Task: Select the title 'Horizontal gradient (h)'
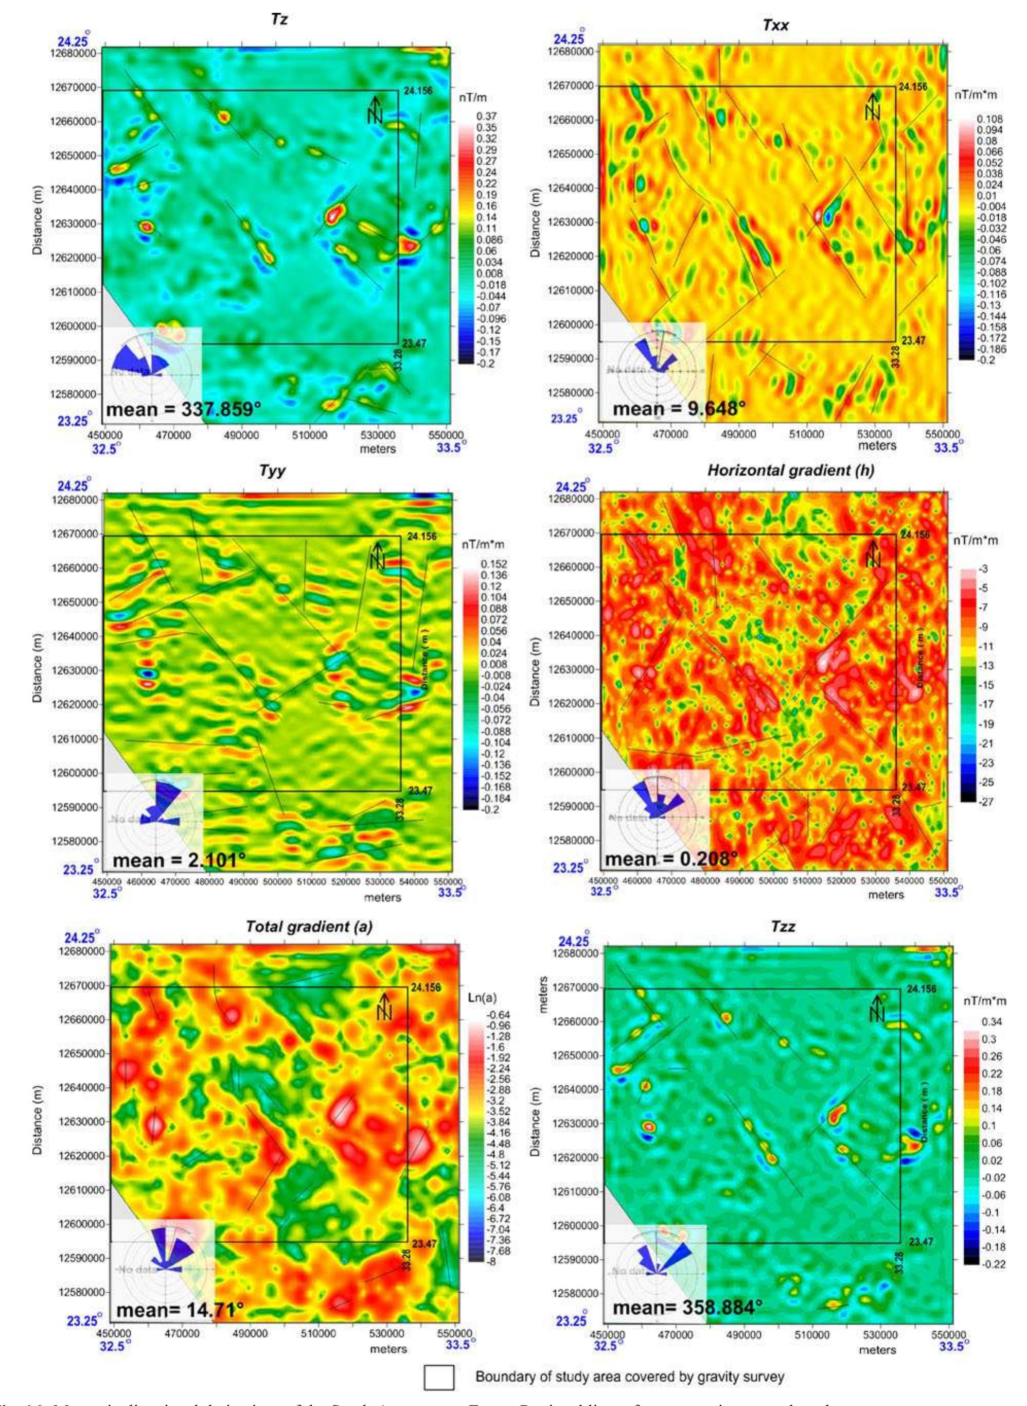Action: (791, 472)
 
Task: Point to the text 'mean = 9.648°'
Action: (679, 409)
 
